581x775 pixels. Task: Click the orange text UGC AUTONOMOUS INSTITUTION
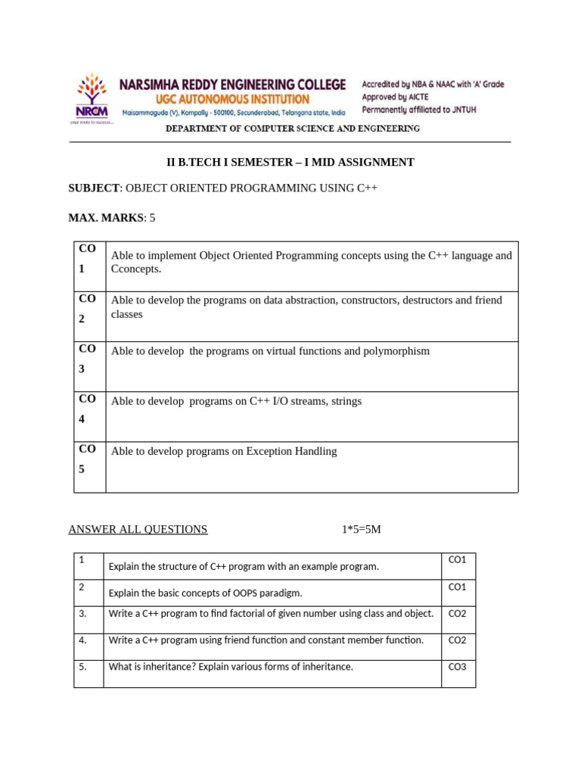click(x=215, y=99)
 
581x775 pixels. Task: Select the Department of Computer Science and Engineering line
click(x=293, y=129)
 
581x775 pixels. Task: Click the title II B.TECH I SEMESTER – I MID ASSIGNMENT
click(x=290, y=162)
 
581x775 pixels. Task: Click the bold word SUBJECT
click(x=94, y=188)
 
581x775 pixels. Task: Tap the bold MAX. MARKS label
click(x=105, y=217)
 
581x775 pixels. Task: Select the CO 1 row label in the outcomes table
click(x=88, y=259)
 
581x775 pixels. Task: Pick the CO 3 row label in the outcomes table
click(x=88, y=359)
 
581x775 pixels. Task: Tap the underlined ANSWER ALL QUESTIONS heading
click(x=138, y=529)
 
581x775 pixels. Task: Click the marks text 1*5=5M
click(x=361, y=529)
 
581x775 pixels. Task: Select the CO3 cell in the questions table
click(x=458, y=667)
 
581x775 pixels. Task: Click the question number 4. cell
click(x=83, y=640)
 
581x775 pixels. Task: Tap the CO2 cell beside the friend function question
click(x=458, y=640)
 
